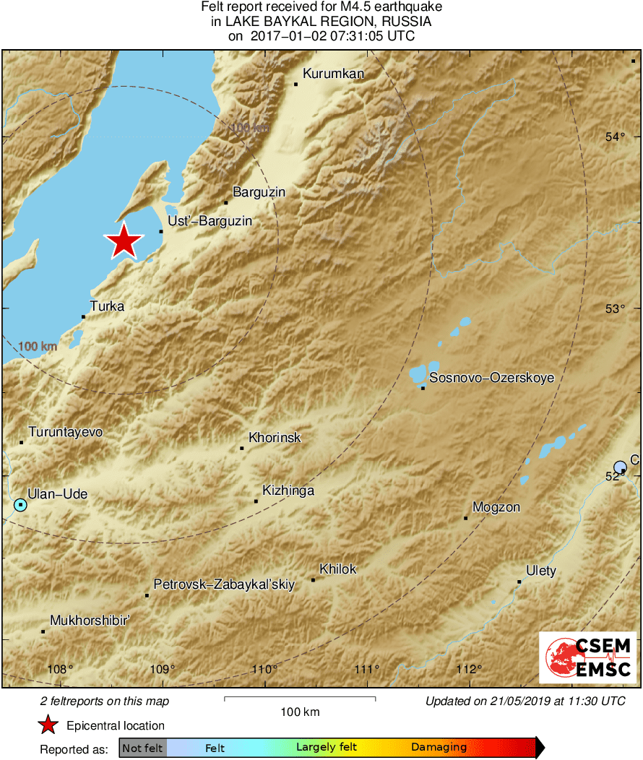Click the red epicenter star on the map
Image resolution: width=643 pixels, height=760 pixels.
click(124, 241)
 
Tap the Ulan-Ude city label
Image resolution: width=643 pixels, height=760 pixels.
click(58, 494)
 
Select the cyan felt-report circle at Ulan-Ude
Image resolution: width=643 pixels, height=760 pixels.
click(20, 504)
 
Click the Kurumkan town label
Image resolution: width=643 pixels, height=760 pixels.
click(333, 74)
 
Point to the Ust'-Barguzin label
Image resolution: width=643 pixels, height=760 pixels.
click(210, 221)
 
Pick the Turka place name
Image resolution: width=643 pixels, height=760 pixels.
click(107, 306)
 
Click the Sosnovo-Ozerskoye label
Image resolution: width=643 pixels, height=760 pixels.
click(491, 378)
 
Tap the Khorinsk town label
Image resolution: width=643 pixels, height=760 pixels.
click(275, 438)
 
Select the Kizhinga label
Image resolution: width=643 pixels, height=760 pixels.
click(288, 491)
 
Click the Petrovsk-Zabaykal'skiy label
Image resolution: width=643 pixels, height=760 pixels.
click(224, 585)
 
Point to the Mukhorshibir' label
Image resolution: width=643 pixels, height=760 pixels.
click(89, 621)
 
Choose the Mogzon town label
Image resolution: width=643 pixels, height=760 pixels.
click(496, 507)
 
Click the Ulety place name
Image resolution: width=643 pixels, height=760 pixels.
click(540, 571)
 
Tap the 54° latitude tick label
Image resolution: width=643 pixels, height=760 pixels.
click(615, 137)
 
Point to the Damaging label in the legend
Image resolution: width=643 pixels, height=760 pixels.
click(439, 748)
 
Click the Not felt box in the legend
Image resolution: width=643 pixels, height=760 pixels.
click(143, 748)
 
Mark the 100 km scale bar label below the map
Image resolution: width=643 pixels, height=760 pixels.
click(300, 712)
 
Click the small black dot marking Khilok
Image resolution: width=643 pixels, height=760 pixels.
click(313, 579)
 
